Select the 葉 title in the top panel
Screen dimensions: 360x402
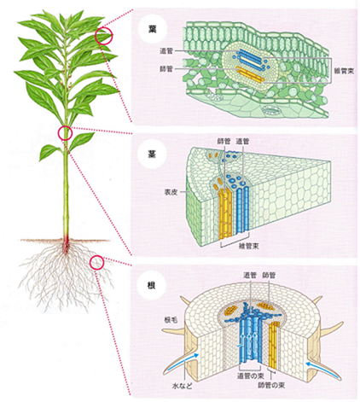pos(153,29)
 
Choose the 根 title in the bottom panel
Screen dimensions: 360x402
pos(152,285)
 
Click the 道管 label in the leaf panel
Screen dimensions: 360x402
pos(166,51)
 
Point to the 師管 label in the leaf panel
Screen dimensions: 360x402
pos(166,68)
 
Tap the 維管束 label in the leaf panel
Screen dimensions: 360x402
pos(344,71)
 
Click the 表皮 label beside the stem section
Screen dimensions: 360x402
pos(171,192)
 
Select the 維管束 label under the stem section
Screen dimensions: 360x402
pos(249,246)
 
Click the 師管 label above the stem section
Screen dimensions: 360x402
pos(224,141)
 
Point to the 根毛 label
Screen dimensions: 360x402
pos(171,320)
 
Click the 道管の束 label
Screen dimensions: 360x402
pos(251,376)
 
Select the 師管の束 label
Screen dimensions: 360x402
pos(271,385)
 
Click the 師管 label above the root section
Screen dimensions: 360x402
pos(269,275)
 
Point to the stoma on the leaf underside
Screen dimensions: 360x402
pos(270,109)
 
